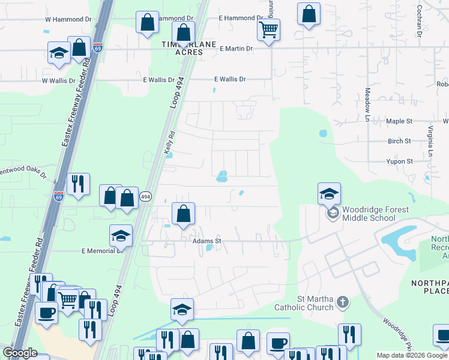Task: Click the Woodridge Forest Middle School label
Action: click(375, 214)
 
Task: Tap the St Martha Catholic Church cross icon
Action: click(342, 302)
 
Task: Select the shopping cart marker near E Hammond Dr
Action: click(268, 29)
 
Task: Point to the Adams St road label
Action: click(207, 241)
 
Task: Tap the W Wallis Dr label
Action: click(59, 80)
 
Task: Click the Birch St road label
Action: click(399, 142)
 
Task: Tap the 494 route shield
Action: click(145, 196)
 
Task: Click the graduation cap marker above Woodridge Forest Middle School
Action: click(329, 193)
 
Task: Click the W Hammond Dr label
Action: click(68, 19)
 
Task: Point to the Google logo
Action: click(20, 353)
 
